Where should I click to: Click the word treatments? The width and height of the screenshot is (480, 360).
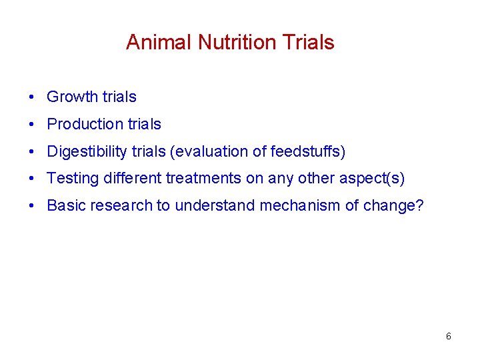coord(203,179)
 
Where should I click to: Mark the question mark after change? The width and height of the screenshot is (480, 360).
coord(419,206)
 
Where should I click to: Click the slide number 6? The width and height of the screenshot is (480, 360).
coord(448,337)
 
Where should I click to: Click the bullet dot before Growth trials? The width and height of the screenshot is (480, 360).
coord(32,97)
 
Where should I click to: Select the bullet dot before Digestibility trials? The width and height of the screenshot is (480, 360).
coord(32,152)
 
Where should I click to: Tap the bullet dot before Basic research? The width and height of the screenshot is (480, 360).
coord(32,206)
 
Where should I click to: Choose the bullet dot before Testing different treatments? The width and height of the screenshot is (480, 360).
coord(32,179)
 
